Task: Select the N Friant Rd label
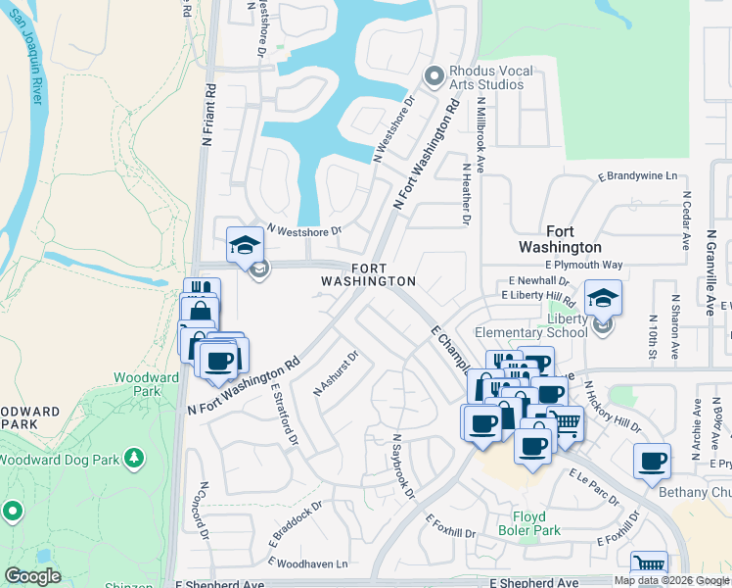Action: point(207,116)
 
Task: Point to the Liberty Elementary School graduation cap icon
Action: point(603,298)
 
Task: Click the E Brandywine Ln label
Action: point(637,176)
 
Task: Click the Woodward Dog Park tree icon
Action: point(136,458)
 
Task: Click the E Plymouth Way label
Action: point(583,265)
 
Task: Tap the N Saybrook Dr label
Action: point(403,466)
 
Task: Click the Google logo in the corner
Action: point(32,576)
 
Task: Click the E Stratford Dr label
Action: point(284,414)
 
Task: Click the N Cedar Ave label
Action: point(687,220)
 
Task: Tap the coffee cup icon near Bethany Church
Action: point(652,460)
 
